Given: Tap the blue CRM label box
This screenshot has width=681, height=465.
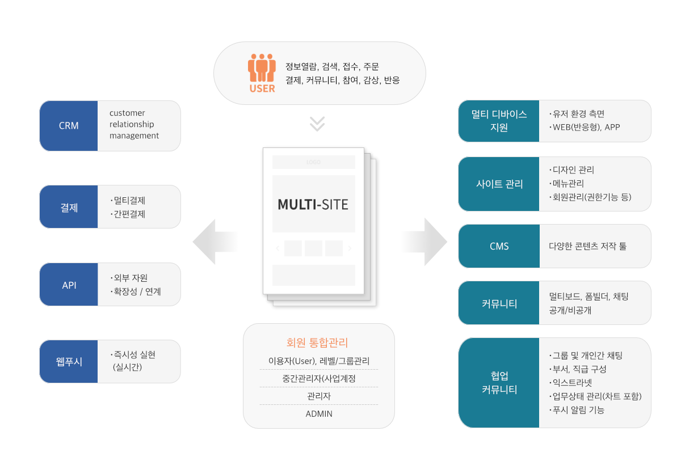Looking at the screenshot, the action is coord(69,126).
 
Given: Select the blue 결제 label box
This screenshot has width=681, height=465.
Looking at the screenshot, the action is coord(69,207).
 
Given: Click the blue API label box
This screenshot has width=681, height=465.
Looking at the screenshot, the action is coord(69,285).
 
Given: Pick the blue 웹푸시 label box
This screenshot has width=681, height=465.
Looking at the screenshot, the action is coord(69,361).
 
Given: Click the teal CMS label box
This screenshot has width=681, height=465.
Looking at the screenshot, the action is coord(499,246).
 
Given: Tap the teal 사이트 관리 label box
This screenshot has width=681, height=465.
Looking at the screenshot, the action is coord(499,184).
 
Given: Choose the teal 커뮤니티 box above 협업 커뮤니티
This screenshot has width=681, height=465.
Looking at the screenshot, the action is coord(499,303).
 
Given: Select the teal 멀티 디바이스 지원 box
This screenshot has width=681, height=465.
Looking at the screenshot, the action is coord(499,121).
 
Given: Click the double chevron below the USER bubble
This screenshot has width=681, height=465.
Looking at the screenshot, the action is coord(317,124).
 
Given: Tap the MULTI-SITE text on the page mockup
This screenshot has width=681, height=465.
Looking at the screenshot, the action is coord(313,204).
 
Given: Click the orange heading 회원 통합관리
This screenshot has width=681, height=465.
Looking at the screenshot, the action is coord(317,343).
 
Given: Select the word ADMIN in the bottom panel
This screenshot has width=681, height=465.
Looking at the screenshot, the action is coord(318,413).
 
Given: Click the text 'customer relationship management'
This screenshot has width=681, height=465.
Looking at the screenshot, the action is coord(134,124).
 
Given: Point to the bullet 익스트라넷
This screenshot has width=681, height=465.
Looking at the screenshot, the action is coord(570,383).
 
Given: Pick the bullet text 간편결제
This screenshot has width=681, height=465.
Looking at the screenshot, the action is coord(128,214).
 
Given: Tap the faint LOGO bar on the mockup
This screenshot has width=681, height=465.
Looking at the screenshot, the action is coord(313,162).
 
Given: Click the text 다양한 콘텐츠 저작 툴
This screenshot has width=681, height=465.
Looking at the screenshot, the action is coord(588,246).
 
